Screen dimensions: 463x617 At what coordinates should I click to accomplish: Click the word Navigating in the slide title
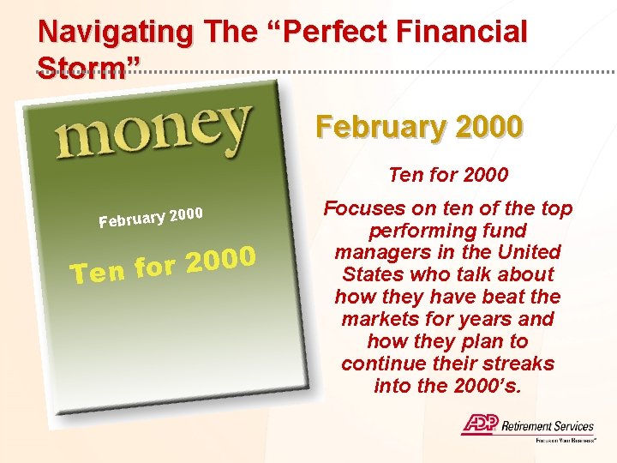[116, 32]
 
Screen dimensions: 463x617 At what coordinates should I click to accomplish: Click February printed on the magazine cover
[131, 219]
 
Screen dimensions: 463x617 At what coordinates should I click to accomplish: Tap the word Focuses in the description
[363, 208]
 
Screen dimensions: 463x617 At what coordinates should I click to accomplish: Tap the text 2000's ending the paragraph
[487, 386]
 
